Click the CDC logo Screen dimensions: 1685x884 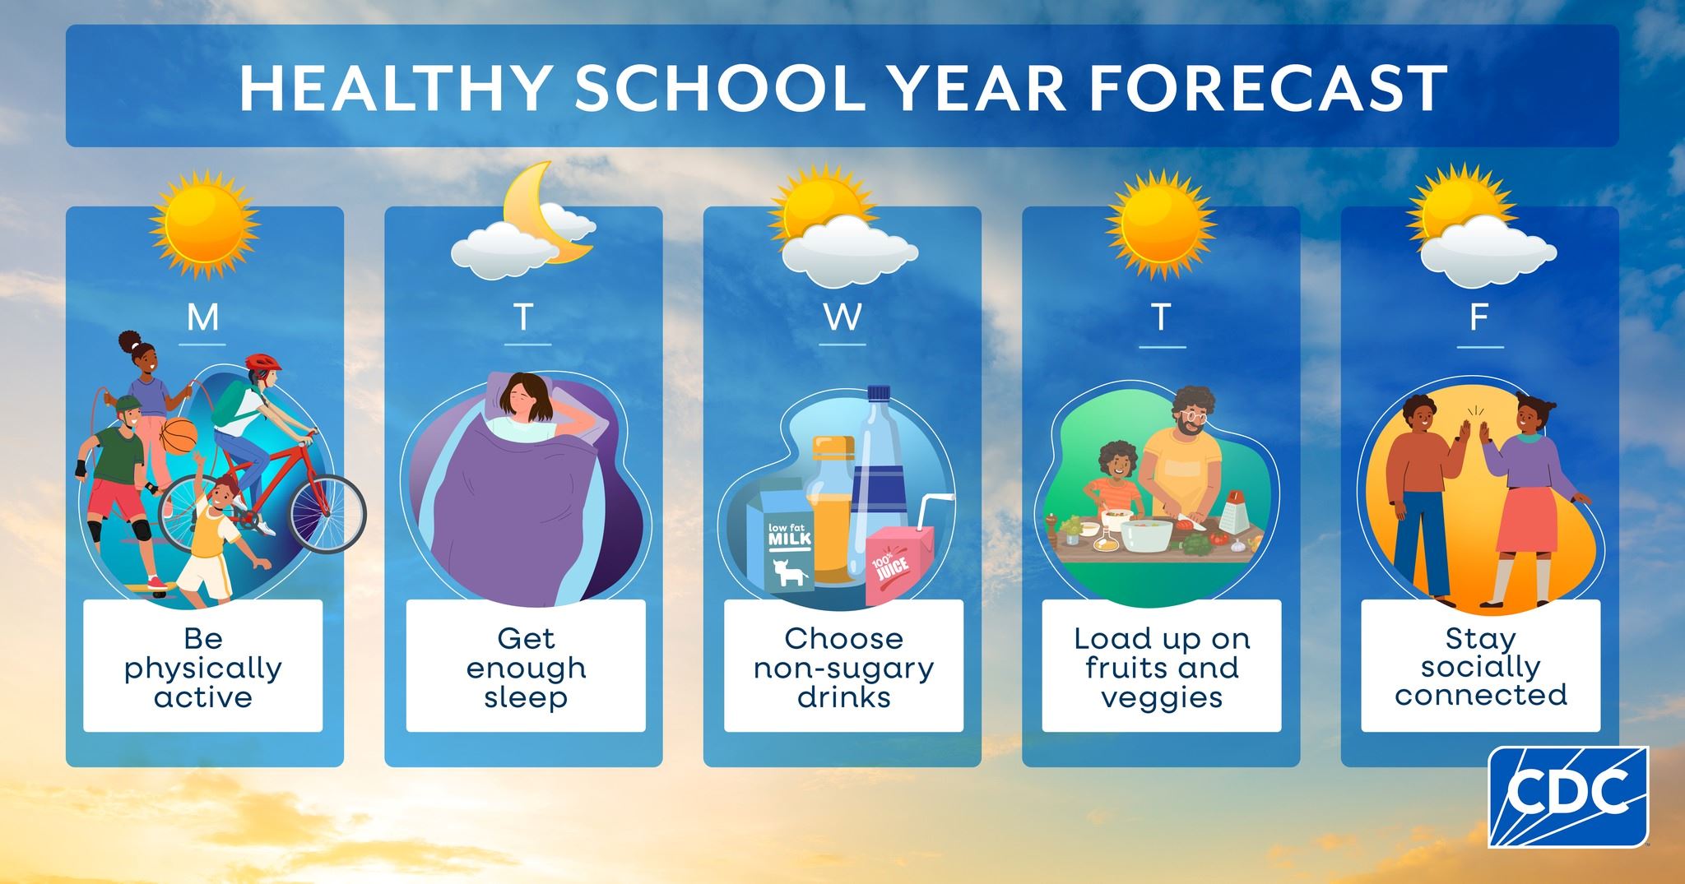click(1568, 796)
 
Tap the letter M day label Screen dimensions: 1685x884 click(203, 317)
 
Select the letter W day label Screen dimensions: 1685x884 click(842, 317)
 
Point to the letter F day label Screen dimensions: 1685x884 click(1479, 317)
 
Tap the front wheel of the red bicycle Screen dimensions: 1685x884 click(327, 514)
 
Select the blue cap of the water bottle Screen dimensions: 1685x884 click(879, 393)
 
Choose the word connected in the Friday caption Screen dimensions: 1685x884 click(1481, 696)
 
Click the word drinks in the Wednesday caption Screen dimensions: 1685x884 click(844, 697)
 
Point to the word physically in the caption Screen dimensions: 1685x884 click(203, 669)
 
